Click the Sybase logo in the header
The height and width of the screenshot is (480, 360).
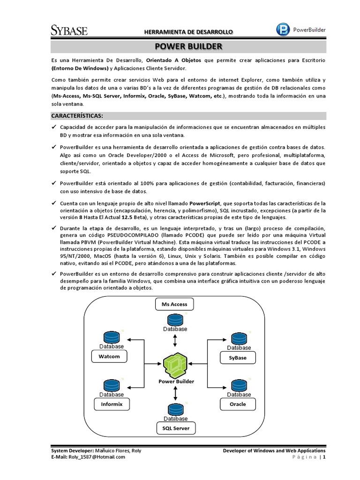coord(68,30)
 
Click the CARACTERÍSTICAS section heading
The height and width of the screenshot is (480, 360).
coord(77,116)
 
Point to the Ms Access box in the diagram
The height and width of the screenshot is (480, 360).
coord(174,304)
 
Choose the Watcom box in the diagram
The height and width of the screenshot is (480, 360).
coord(109,357)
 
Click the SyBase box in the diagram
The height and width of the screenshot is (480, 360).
coord(238,358)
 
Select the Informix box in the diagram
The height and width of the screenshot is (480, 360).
coord(109,404)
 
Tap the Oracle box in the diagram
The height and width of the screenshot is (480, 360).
coord(238,404)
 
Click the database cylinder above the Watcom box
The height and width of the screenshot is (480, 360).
coord(112,337)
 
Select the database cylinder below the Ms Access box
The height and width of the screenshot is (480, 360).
coord(175,320)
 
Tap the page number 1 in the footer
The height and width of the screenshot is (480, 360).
coord(323,457)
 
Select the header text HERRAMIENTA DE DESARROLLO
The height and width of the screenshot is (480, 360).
coord(187,32)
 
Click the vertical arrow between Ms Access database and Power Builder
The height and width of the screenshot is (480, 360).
coord(175,339)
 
